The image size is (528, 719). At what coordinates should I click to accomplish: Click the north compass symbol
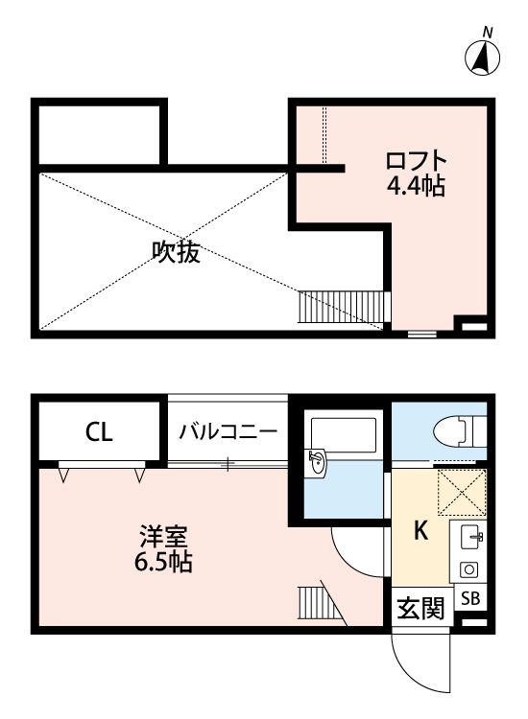click(486, 58)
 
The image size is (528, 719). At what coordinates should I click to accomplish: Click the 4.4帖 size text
click(416, 186)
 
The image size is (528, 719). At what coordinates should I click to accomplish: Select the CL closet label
click(99, 431)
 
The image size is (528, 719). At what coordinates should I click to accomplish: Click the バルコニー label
click(228, 431)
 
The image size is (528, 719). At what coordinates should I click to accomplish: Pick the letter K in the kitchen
click(420, 530)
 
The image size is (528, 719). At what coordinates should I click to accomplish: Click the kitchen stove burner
click(470, 568)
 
